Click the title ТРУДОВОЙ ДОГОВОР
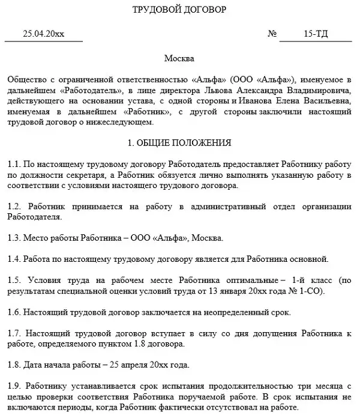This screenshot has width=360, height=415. (x=179, y=9)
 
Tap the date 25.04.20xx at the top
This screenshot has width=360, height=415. (x=43, y=34)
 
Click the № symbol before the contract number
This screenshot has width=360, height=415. (x=272, y=34)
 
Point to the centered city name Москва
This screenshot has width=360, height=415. (x=179, y=59)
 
